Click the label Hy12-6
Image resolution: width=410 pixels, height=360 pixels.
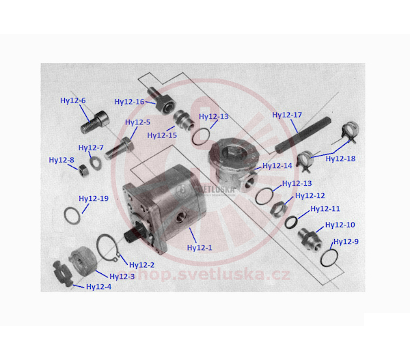click(x=73, y=100)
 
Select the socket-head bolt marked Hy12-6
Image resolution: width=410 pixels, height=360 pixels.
click(x=94, y=122)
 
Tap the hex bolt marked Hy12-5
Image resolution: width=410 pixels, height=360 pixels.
click(x=120, y=148)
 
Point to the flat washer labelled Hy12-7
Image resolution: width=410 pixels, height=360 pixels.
click(x=96, y=163)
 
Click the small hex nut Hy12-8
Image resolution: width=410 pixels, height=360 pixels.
click(x=83, y=171)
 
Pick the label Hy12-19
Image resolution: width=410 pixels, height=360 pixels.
click(x=94, y=199)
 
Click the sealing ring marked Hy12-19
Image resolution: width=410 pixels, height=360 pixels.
click(x=72, y=215)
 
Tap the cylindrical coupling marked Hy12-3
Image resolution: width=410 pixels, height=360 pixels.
click(x=82, y=261)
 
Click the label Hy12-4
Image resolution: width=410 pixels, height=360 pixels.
click(x=99, y=287)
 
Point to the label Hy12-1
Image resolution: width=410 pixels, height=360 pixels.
click(x=200, y=248)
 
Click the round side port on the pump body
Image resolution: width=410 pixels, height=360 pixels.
click(x=180, y=217)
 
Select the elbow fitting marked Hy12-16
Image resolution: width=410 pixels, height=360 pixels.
click(x=160, y=101)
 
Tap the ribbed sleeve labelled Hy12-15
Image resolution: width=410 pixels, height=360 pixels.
click(x=184, y=120)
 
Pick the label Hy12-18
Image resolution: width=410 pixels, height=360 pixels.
click(x=340, y=158)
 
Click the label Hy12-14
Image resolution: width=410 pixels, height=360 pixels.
click(x=277, y=166)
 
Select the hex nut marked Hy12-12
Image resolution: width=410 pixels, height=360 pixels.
click(x=279, y=209)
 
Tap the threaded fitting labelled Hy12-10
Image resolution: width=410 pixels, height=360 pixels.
click(x=310, y=239)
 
